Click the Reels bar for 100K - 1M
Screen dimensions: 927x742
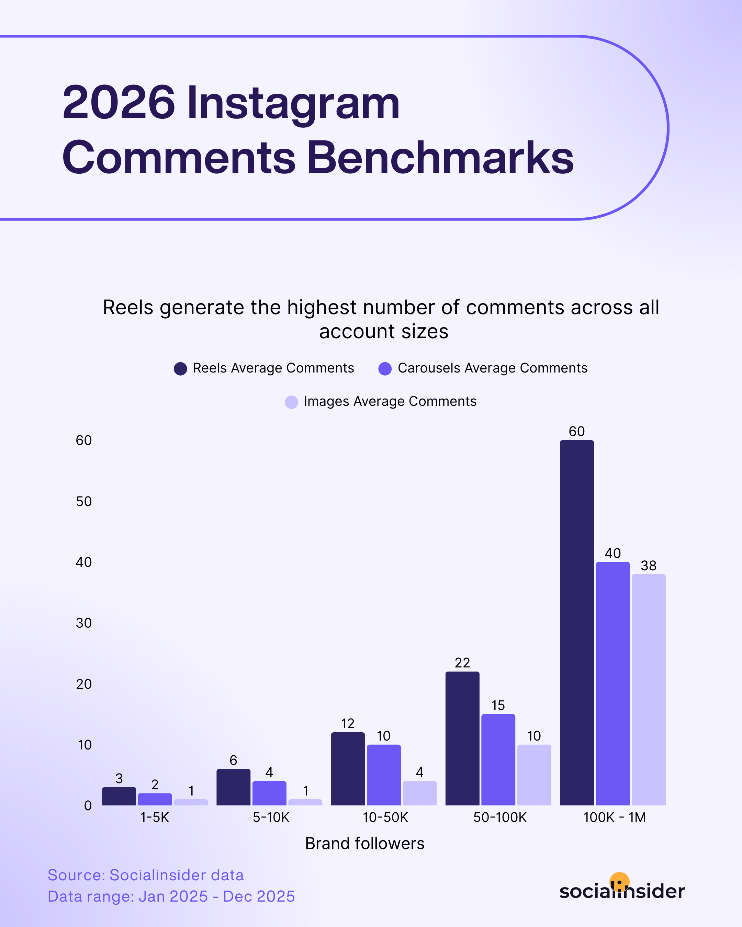(576, 623)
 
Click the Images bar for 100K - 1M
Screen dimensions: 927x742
(648, 690)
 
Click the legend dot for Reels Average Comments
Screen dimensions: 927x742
(180, 368)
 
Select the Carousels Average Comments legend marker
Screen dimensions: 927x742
(385, 368)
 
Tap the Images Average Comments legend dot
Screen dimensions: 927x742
(291, 402)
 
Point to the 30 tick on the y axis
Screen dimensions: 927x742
(84, 623)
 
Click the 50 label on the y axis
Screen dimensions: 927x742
(84, 501)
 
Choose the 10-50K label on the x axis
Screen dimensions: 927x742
(385, 817)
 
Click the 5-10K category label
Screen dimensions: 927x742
(271, 817)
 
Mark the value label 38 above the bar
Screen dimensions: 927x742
(648, 565)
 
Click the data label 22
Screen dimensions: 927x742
(462, 663)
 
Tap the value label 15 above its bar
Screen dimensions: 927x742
(498, 705)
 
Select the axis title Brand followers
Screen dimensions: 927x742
(365, 844)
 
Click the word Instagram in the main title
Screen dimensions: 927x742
(293, 103)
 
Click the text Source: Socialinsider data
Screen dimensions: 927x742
(145, 875)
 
